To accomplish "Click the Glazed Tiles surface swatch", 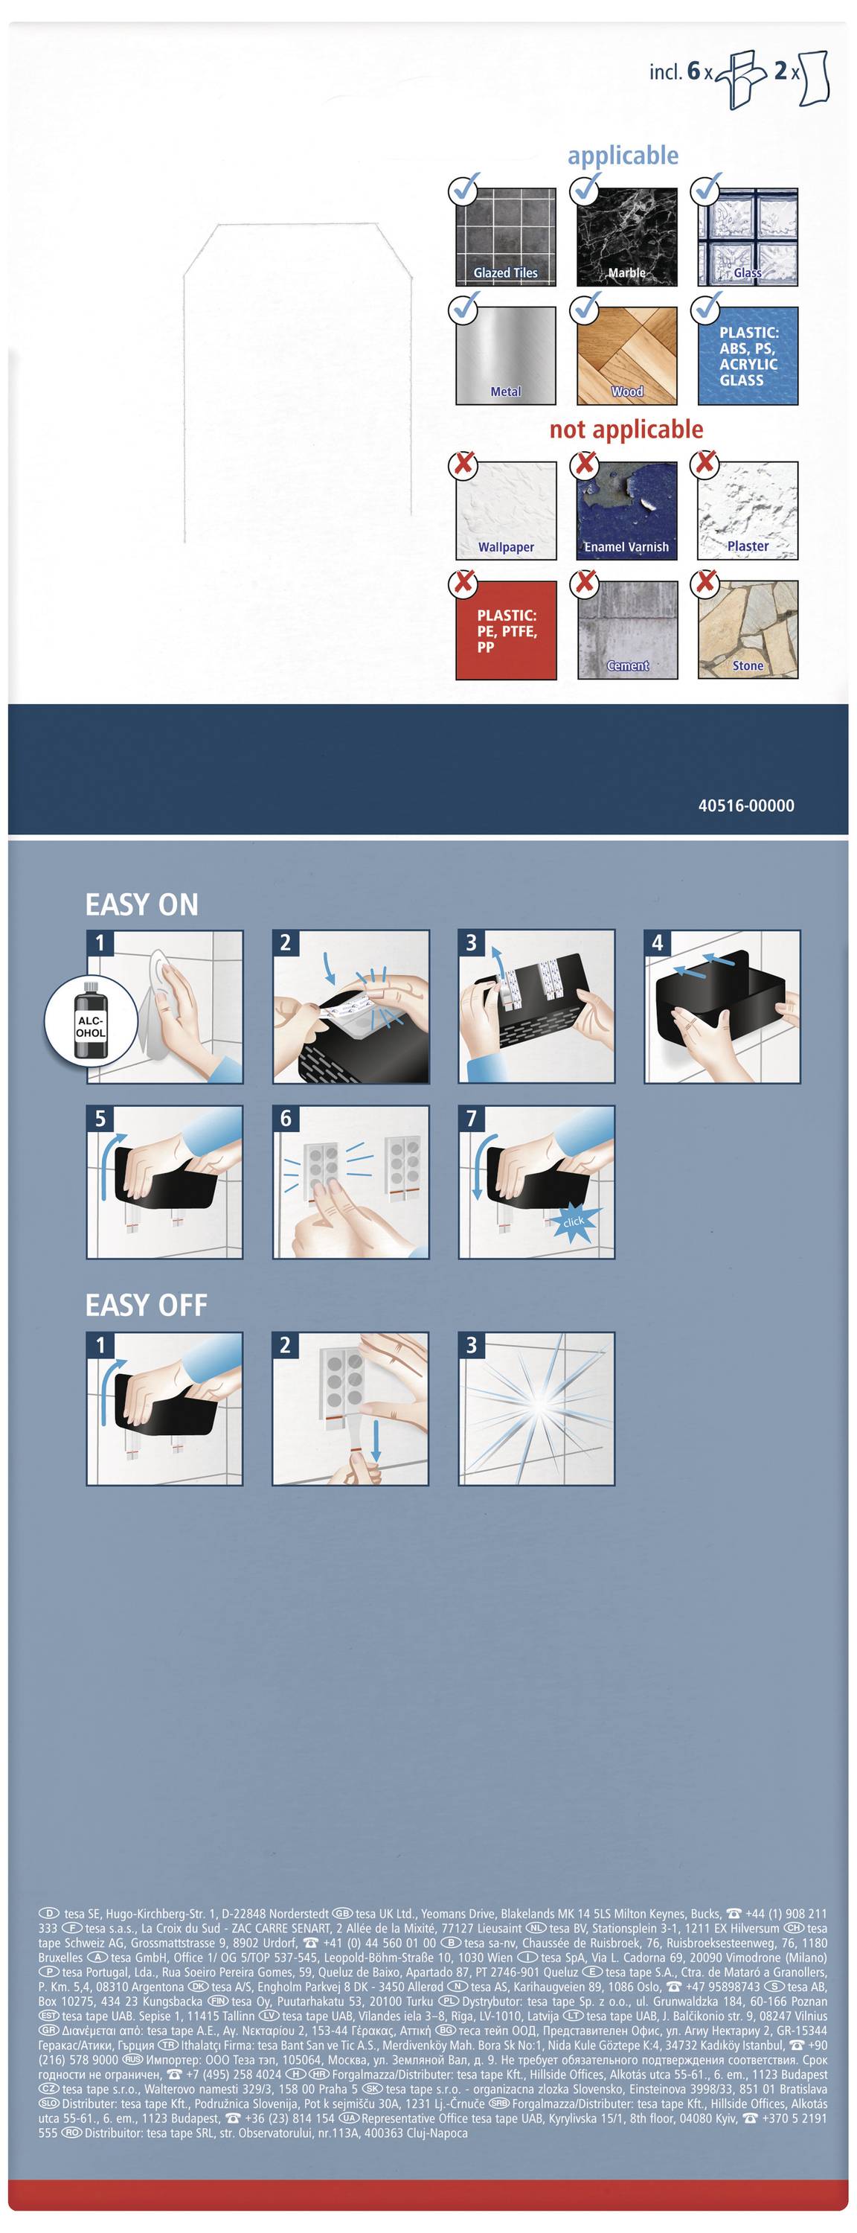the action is point(506,237).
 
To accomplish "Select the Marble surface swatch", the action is point(626,237).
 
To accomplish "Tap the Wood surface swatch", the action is point(626,355).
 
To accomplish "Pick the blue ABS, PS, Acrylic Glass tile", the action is point(748,355).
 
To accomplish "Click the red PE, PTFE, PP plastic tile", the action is point(506,630).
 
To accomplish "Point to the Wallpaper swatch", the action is point(506,511).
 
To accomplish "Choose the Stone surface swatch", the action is point(748,630).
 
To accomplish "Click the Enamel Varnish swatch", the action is point(626,511).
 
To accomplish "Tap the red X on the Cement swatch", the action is point(585,581).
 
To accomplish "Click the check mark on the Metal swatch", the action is point(466,305).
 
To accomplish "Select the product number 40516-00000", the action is point(746,805).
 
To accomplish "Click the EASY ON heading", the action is point(141,905).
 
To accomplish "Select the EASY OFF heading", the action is point(146,1306).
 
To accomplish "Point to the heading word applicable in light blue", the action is point(623,156).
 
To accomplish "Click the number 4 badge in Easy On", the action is point(657,942).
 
